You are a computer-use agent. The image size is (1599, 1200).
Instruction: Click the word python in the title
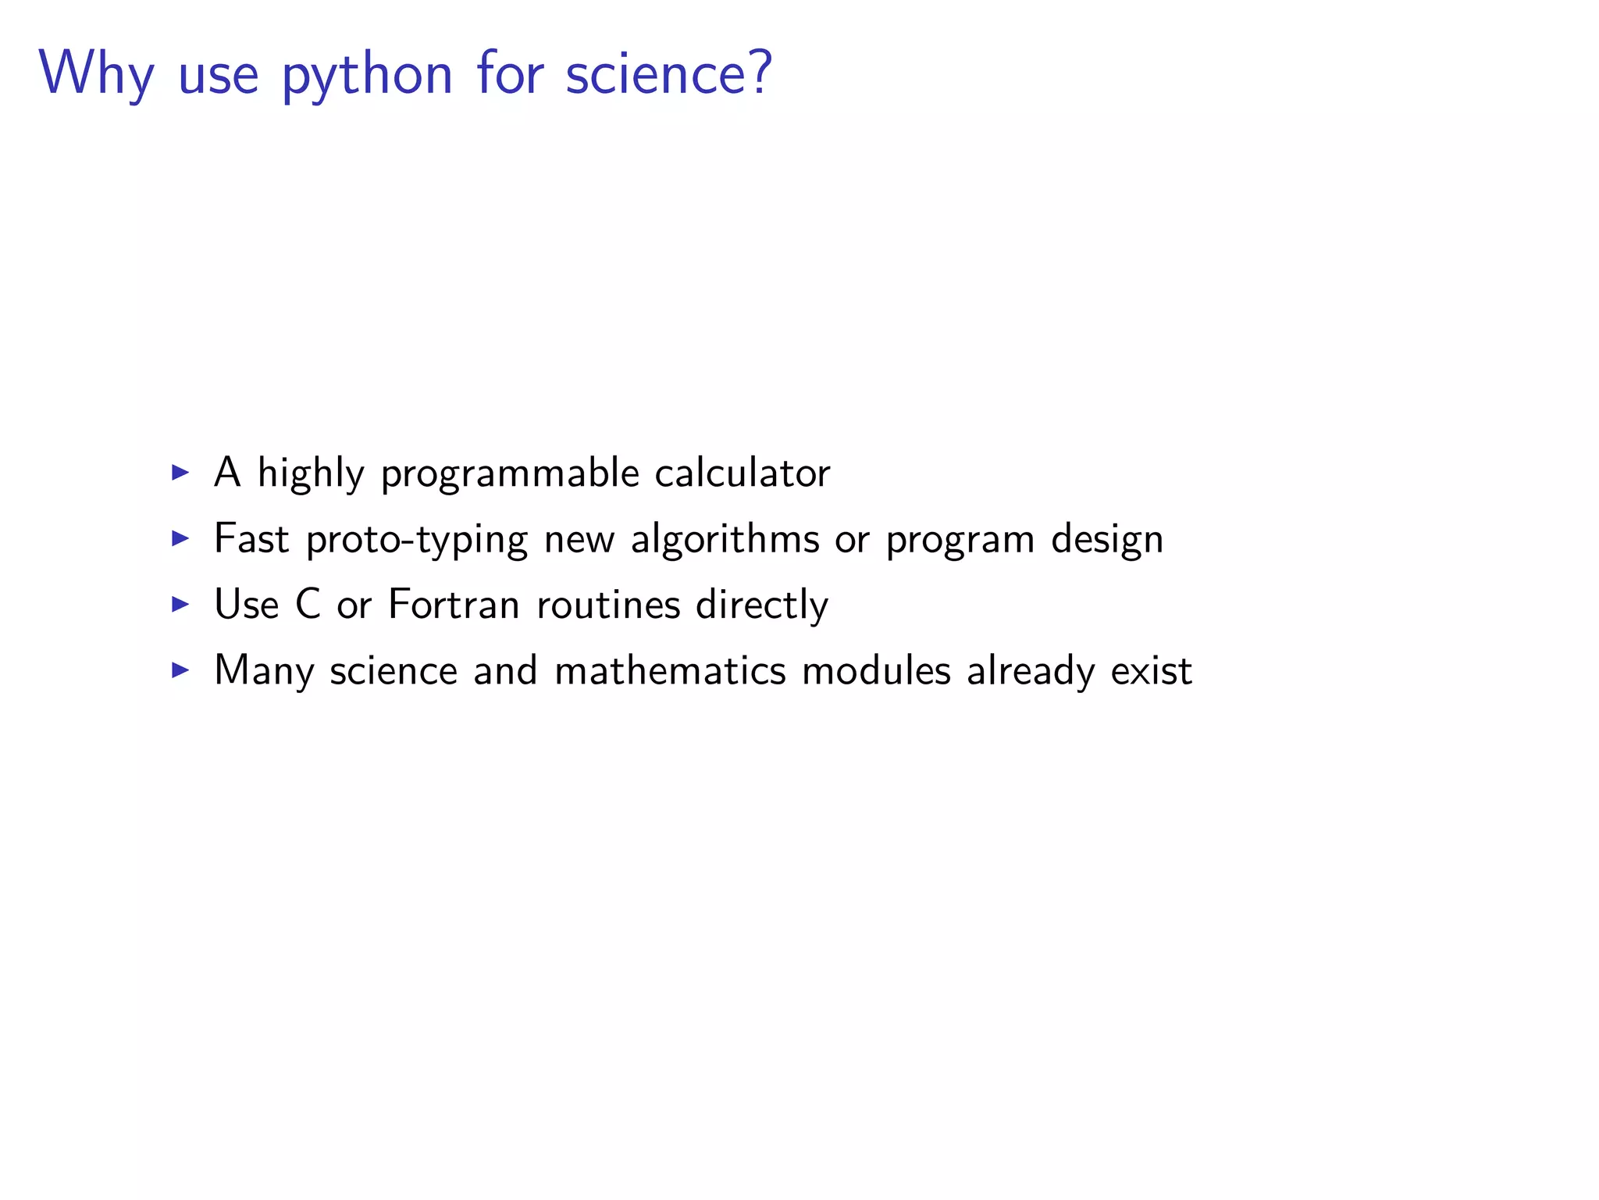point(367,76)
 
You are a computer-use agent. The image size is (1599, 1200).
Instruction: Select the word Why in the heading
point(96,76)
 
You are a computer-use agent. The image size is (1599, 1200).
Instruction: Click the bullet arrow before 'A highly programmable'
point(180,472)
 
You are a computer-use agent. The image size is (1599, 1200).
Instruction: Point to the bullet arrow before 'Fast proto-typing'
point(180,537)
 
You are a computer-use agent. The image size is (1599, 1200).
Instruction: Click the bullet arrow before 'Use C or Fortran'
point(180,604)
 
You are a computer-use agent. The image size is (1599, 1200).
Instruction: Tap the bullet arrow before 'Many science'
point(180,670)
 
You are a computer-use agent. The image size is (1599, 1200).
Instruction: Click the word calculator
point(742,473)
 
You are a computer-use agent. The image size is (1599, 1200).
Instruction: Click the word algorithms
point(725,539)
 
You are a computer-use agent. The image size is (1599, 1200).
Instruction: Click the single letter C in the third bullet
point(308,605)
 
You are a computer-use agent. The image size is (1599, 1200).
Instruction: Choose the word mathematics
point(670,670)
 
